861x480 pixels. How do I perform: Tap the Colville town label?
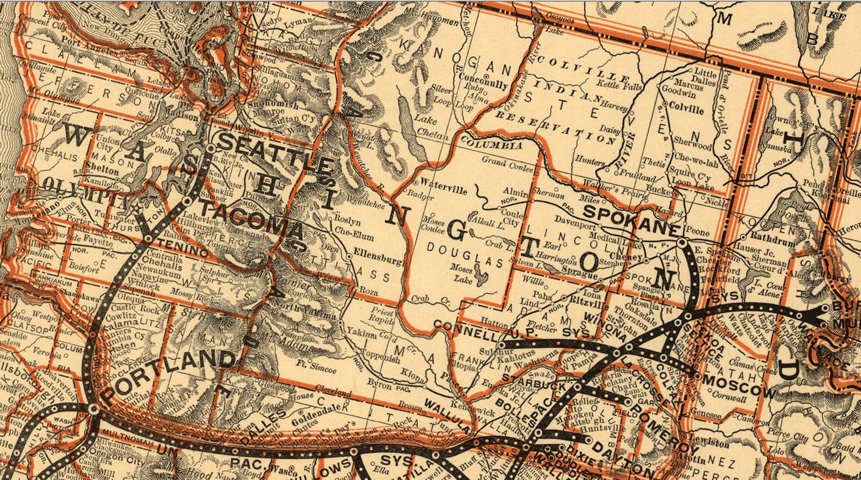point(686,109)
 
